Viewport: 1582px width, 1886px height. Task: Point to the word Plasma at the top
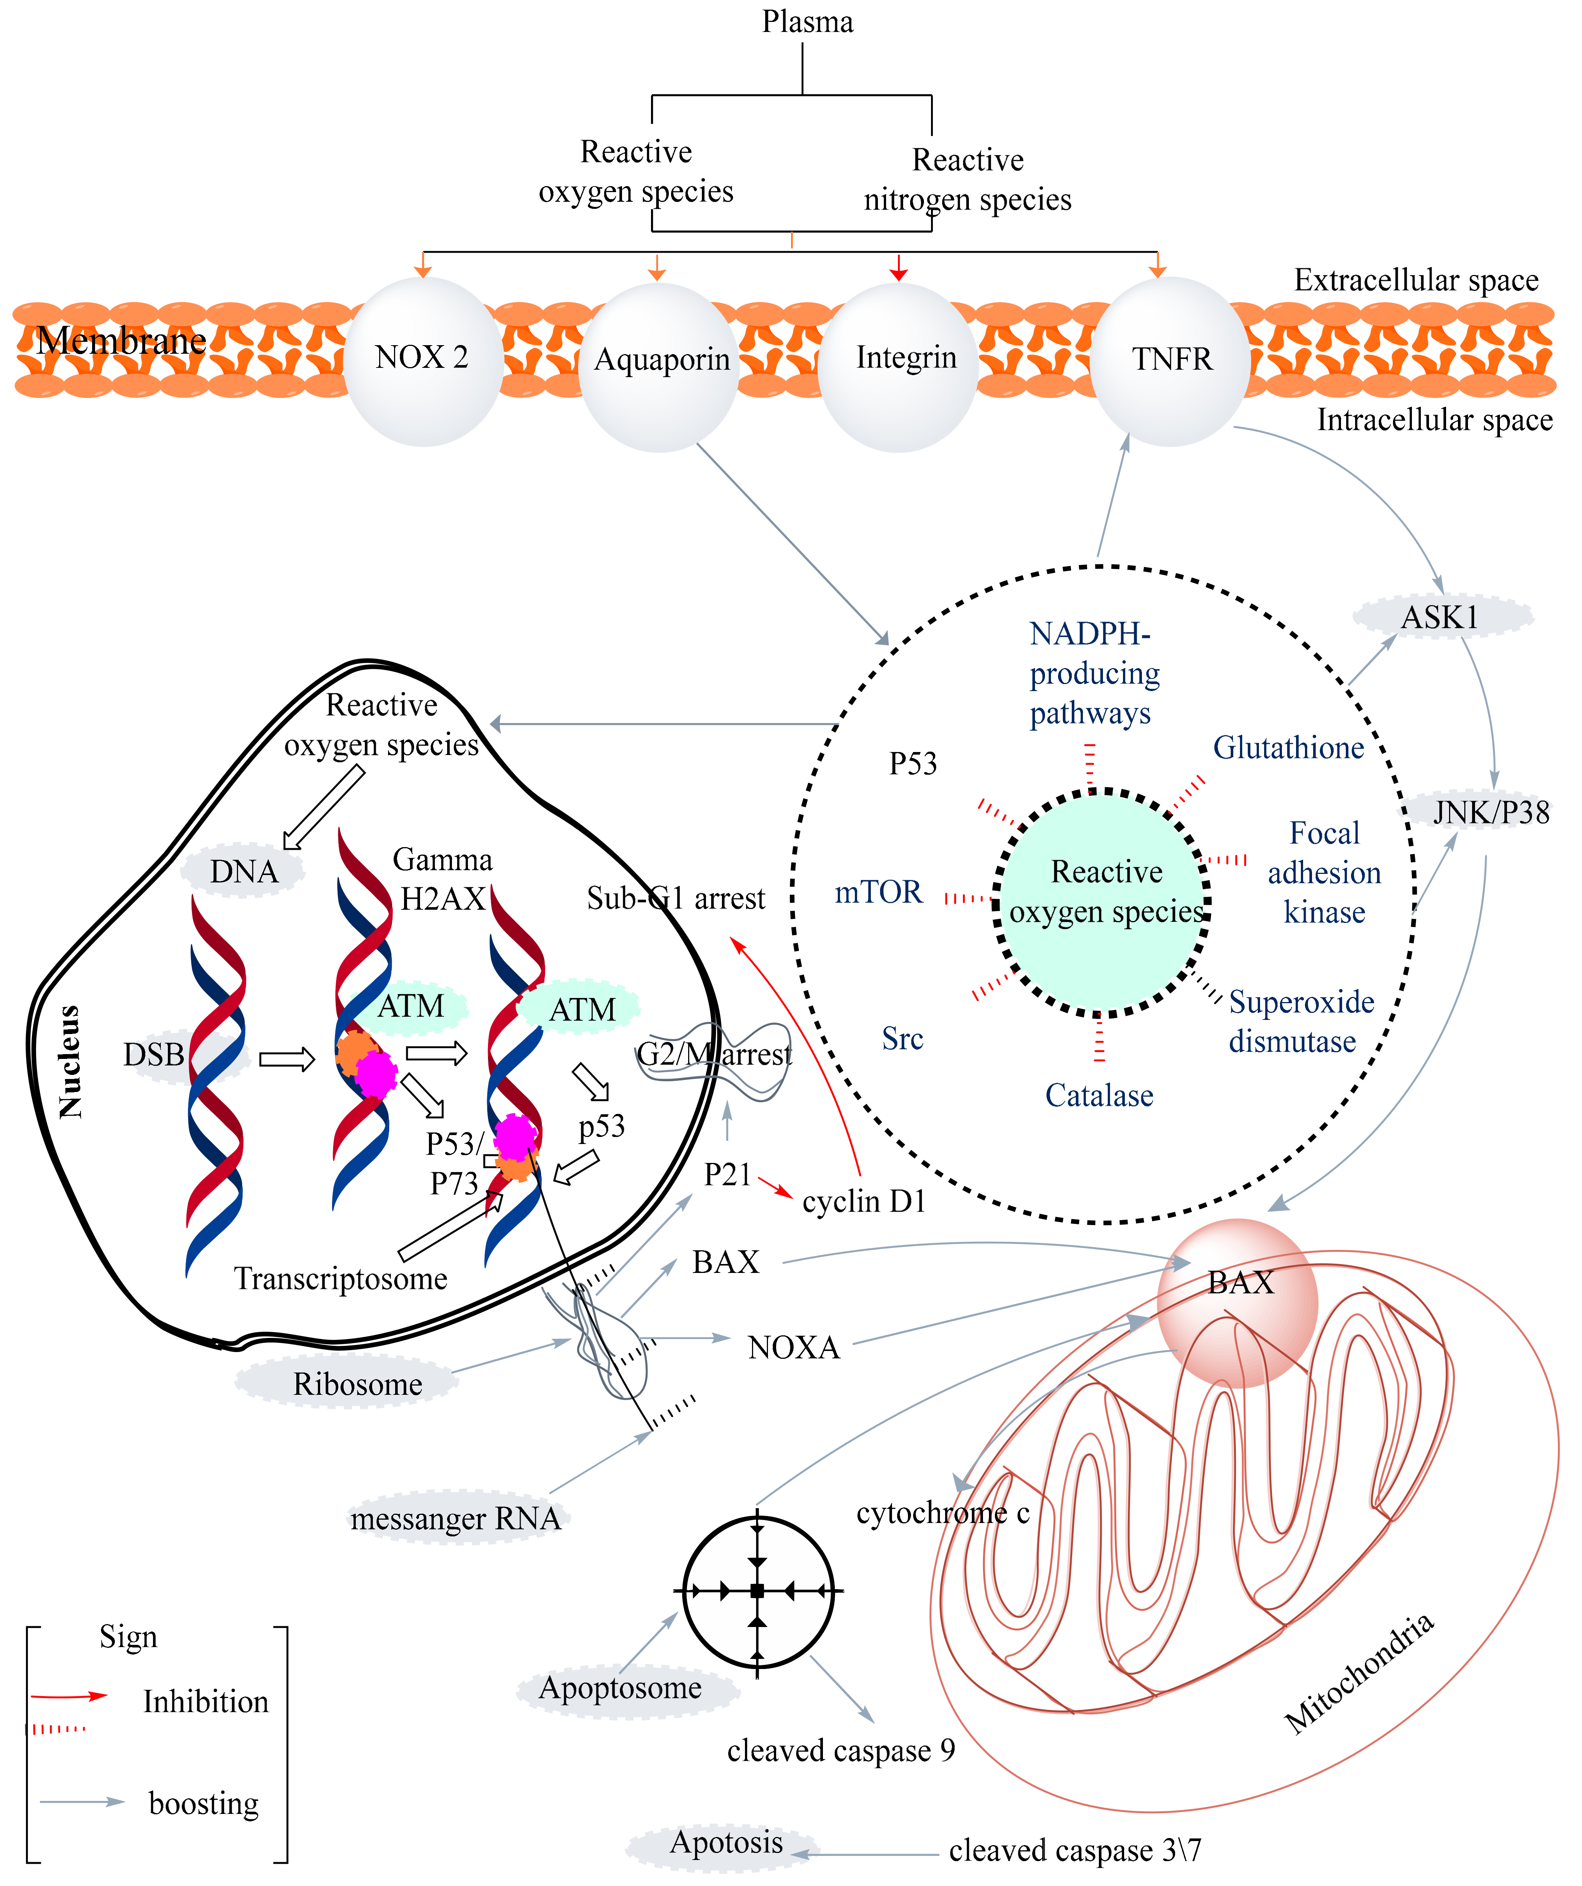[807, 22]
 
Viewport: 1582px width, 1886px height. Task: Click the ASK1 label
[1440, 617]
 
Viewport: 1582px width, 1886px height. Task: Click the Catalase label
[1099, 1096]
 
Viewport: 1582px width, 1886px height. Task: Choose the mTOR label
[878, 892]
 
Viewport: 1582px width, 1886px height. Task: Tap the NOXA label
[794, 1347]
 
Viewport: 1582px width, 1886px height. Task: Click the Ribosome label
[357, 1384]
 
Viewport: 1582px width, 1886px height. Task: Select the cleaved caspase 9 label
[840, 1750]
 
